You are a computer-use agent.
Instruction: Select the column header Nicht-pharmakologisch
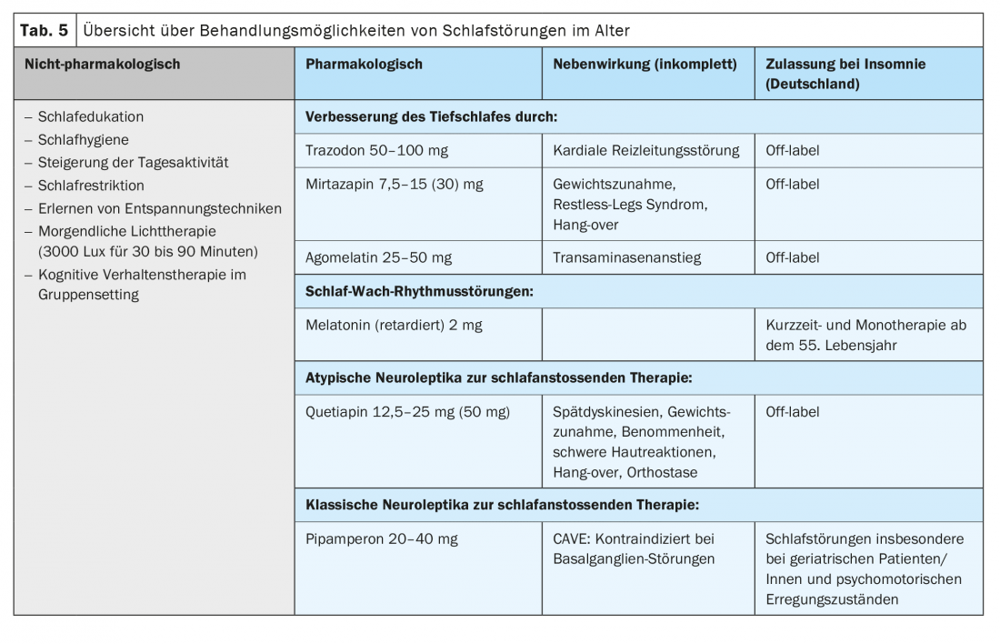pos(96,65)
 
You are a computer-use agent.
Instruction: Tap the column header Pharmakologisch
pos(364,65)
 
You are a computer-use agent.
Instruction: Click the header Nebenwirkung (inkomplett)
pos(645,65)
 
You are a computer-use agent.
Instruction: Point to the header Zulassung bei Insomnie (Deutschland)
pos(845,74)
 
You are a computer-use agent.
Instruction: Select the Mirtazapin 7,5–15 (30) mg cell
pos(395,185)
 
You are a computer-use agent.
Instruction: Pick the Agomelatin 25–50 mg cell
pos(378,258)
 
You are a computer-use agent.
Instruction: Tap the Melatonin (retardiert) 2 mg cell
pos(394,326)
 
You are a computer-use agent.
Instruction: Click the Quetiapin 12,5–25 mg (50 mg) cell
pos(408,412)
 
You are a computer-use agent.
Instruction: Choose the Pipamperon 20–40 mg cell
pos(382,538)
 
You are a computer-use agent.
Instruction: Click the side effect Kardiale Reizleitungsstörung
pos(646,151)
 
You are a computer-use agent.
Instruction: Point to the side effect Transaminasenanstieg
pos(626,258)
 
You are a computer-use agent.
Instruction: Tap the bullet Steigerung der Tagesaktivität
pos(133,163)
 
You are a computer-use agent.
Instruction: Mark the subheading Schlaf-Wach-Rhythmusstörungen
pos(418,292)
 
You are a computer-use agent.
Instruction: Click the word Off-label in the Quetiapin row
pos(793,412)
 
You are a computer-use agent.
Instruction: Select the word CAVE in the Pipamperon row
pos(571,538)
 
